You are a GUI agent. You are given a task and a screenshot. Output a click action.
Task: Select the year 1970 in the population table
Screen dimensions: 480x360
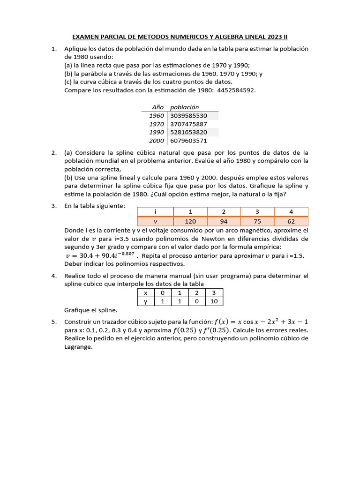tap(157, 124)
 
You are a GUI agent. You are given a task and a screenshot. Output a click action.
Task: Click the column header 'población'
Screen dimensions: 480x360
tap(184, 107)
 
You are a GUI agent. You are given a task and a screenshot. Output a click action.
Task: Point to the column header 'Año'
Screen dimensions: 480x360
tap(157, 107)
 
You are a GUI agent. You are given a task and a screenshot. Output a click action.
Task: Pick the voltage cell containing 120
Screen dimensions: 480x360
tap(190, 221)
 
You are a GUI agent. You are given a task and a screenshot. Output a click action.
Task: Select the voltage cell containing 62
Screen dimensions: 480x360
tap(291, 221)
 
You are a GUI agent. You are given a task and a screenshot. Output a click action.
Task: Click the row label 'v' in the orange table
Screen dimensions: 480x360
tap(155, 221)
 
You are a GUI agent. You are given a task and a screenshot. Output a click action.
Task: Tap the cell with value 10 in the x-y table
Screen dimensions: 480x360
tap(214, 301)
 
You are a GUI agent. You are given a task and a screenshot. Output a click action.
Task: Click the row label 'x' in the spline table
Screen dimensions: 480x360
tap(145, 293)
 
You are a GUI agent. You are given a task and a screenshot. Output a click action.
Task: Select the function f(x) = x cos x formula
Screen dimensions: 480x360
tap(261, 322)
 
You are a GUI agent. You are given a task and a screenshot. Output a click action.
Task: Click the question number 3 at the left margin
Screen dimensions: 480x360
tap(54, 206)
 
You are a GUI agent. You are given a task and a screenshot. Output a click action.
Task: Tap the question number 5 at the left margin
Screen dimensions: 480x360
tap(54, 322)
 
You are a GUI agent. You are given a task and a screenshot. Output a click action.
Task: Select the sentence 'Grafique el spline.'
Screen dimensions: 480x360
tap(90, 310)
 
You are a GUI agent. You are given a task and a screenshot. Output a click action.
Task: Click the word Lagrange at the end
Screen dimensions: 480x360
tap(79, 347)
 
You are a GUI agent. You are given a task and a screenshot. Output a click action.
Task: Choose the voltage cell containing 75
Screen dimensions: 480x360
tap(257, 221)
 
